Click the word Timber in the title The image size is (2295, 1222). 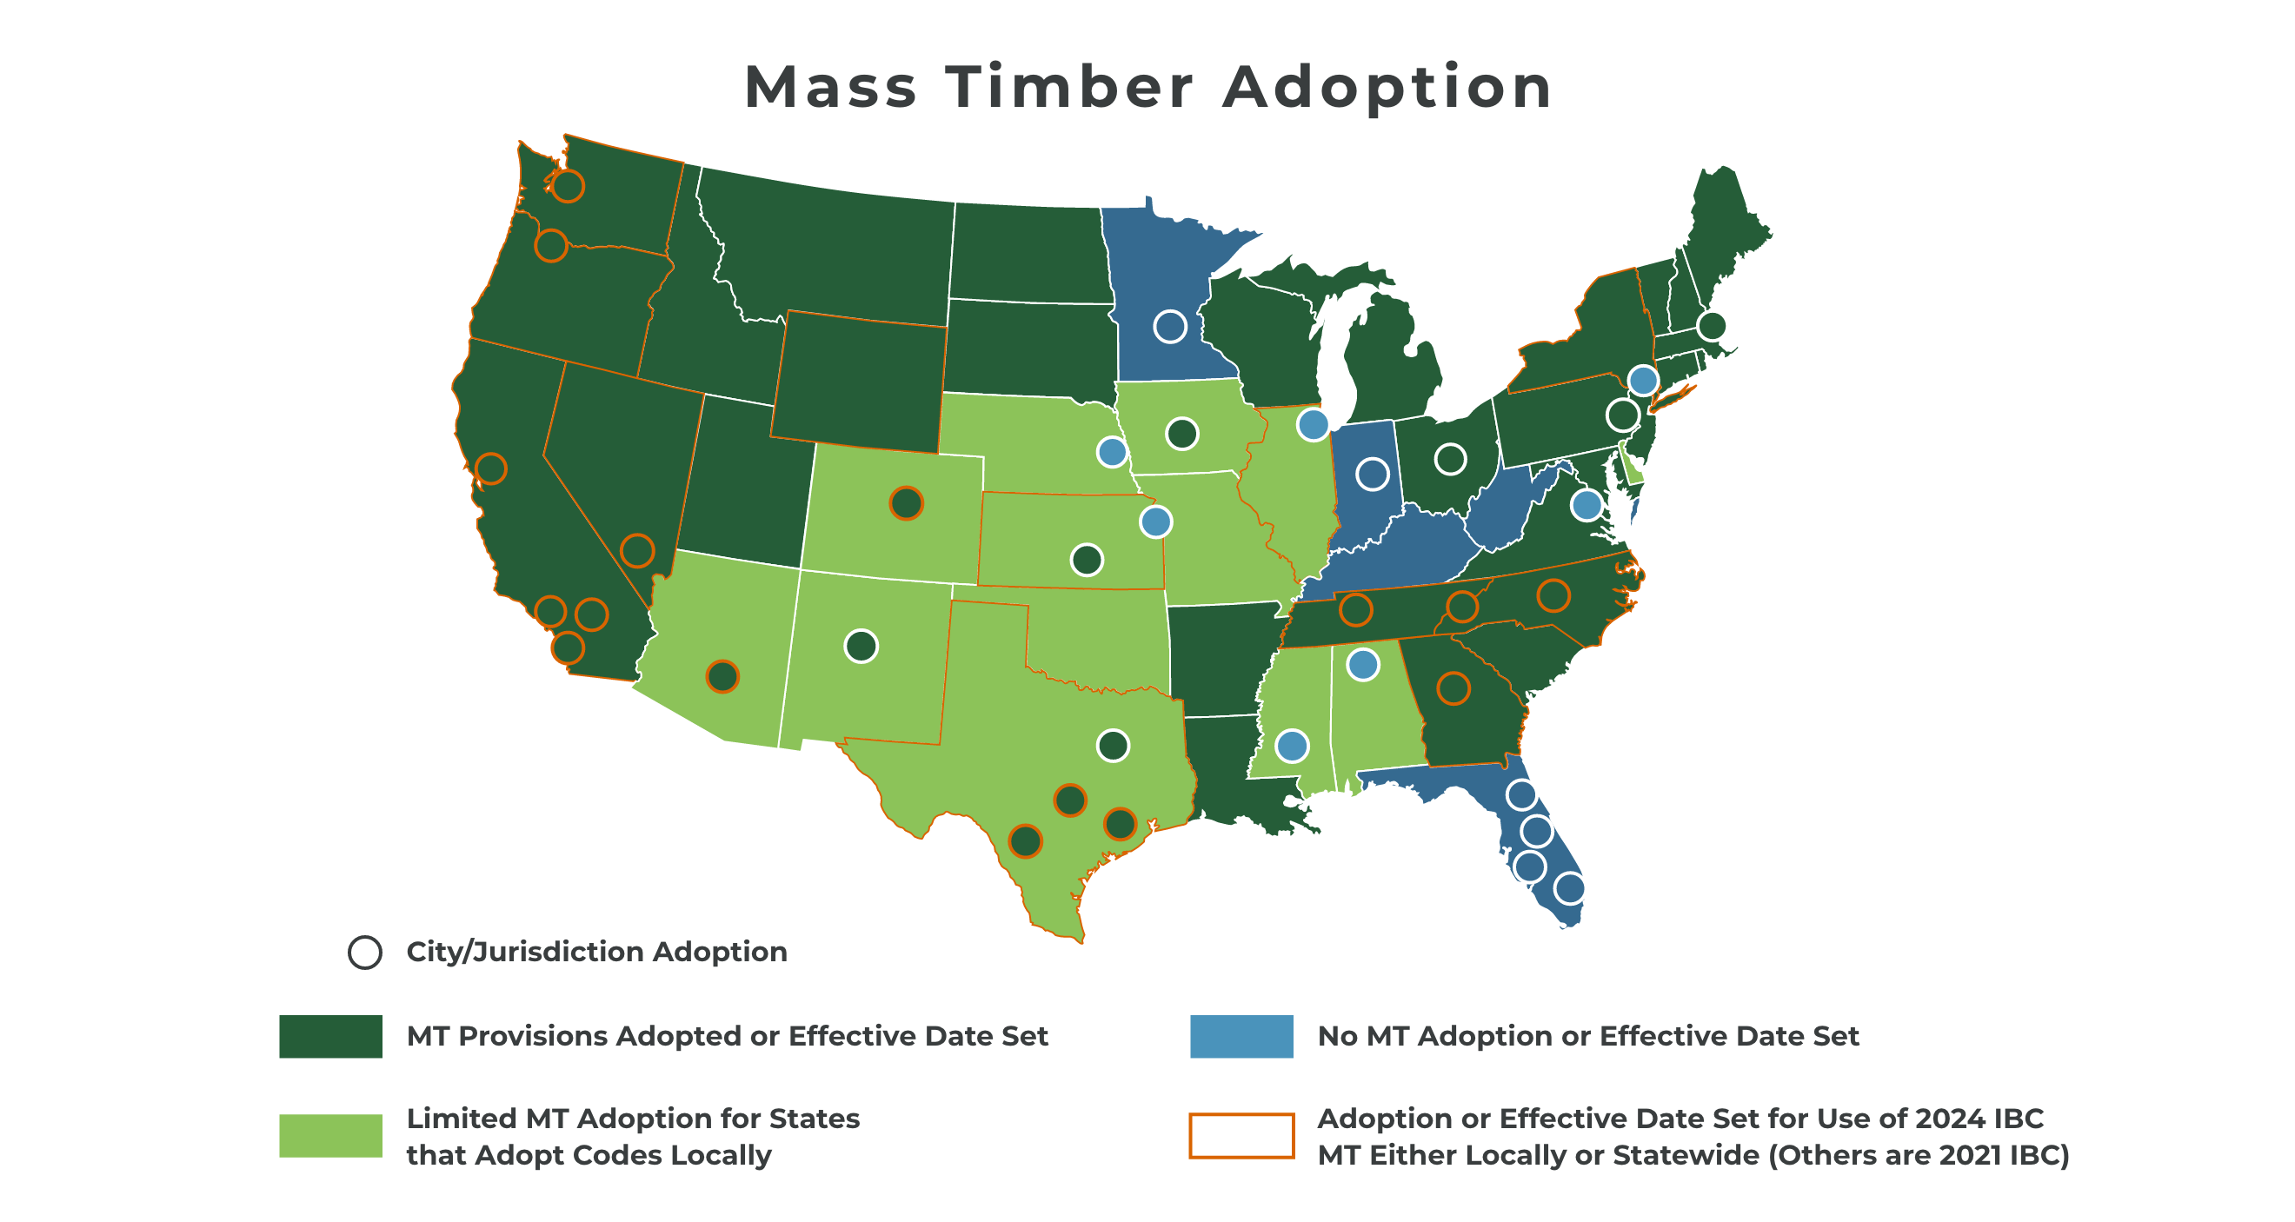(x=1069, y=87)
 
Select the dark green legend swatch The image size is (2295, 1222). (x=330, y=1036)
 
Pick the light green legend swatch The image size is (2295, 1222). (x=330, y=1136)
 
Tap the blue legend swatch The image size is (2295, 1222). (x=1241, y=1036)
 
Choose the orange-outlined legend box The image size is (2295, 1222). (x=1241, y=1115)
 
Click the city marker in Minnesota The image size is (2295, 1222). (x=1170, y=327)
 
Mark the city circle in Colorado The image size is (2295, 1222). (x=906, y=503)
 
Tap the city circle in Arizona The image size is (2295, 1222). (x=722, y=677)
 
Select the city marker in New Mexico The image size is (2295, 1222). (x=861, y=646)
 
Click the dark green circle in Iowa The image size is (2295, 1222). (x=1182, y=434)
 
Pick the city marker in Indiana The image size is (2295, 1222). (x=1372, y=474)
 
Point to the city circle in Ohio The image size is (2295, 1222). (x=1450, y=459)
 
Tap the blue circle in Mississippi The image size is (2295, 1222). (x=1292, y=746)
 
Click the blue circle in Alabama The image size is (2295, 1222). (x=1363, y=664)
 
